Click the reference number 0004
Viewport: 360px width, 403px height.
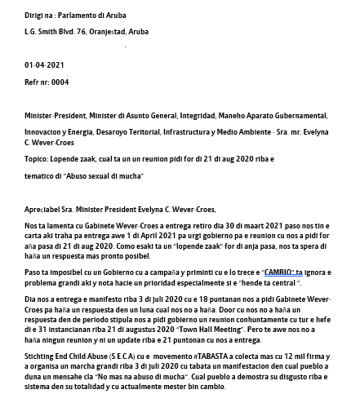click(x=59, y=82)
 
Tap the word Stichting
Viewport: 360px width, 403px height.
click(x=41, y=356)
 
